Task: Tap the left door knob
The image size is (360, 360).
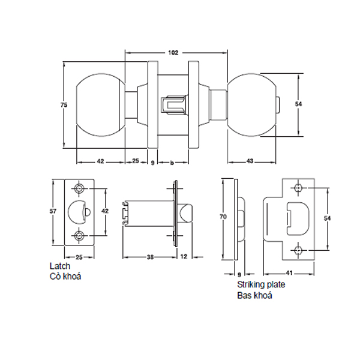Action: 100,106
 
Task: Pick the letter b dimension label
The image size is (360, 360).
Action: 172,162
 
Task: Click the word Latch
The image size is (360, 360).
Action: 61,266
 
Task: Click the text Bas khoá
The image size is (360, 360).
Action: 252,297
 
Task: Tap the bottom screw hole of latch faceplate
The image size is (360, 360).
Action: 80,235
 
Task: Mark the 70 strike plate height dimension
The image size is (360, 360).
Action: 223,216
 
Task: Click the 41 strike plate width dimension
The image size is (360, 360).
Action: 290,271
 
